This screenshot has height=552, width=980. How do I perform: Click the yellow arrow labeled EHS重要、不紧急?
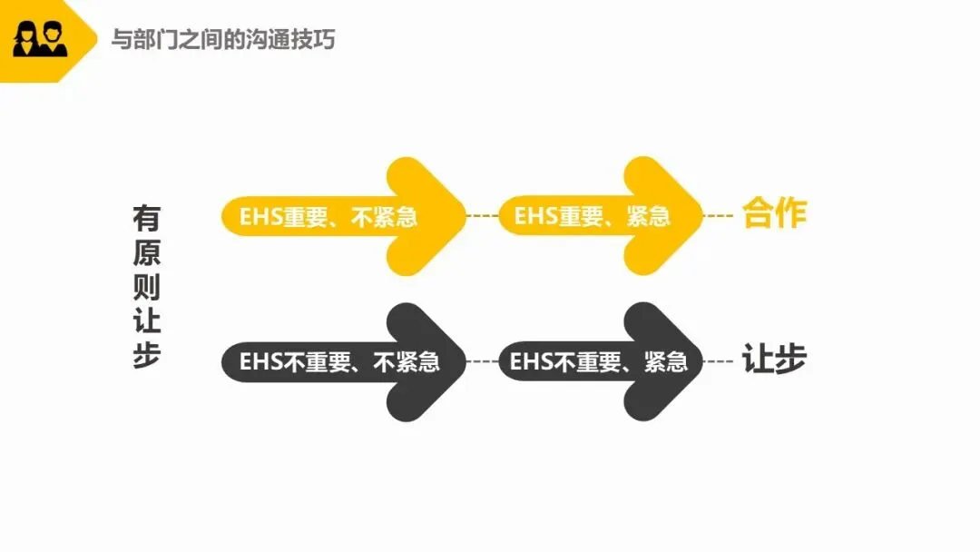[x=345, y=216]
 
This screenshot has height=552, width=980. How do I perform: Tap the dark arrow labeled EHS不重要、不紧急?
[x=345, y=361]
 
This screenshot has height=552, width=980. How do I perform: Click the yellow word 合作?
[x=774, y=214]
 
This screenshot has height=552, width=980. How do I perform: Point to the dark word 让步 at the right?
[x=774, y=360]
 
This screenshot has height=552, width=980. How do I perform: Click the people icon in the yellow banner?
[x=39, y=40]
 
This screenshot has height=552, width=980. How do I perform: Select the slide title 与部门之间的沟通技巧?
[x=222, y=40]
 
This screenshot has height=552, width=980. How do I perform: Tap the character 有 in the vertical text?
[x=146, y=219]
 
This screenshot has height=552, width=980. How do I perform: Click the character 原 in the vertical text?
[x=146, y=252]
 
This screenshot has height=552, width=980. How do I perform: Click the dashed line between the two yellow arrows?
[x=482, y=216]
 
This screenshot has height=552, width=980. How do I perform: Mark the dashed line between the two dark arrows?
[x=482, y=361]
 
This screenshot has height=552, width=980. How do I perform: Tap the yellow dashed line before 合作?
[x=719, y=216]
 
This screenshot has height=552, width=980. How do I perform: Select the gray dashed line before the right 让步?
[x=719, y=361]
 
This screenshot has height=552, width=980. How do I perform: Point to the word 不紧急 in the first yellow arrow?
[x=384, y=217]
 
